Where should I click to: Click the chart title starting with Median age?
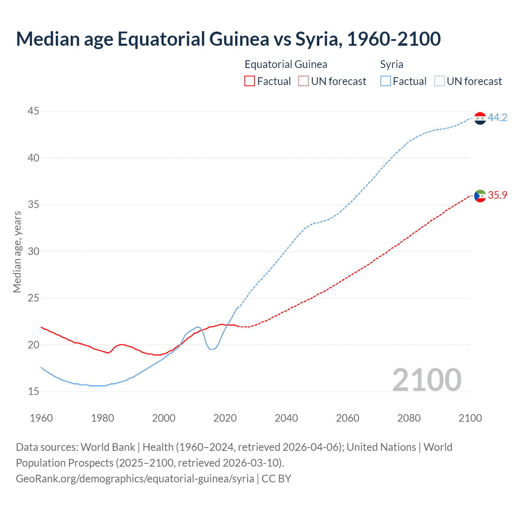228,39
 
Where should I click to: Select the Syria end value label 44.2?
497,117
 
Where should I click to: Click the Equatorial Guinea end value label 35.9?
497,195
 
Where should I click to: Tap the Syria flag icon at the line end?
480,118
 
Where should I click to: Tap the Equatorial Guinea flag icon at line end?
480,196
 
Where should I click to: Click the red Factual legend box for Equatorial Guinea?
250,81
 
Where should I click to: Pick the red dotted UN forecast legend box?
304,81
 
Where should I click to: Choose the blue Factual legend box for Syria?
386,81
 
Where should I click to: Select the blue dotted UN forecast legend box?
439,81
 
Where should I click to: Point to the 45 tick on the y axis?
34,111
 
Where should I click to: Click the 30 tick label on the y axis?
34,251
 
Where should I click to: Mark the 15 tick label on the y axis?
34,391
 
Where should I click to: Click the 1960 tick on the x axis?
41,418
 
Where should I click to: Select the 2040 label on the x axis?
286,418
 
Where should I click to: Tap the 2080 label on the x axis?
409,418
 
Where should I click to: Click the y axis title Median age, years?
17,251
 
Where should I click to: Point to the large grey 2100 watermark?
427,380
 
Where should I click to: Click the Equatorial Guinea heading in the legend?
286,64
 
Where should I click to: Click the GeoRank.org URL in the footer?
135,479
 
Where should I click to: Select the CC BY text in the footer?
276,479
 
